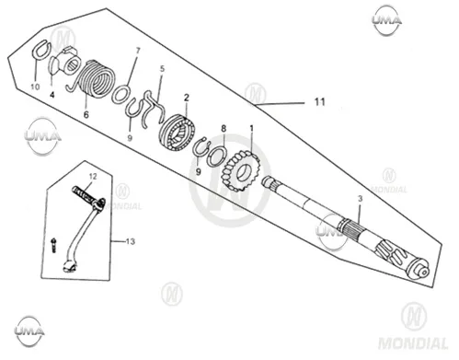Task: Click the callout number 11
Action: [320, 101]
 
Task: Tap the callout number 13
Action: [131, 241]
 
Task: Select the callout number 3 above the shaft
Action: [360, 199]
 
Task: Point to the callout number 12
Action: [93, 177]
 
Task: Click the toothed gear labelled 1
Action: [241, 171]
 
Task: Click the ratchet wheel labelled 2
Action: [178, 133]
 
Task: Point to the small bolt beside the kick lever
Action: [54, 245]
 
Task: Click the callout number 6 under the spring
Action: [86, 115]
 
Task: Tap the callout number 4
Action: [52, 95]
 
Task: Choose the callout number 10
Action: [35, 87]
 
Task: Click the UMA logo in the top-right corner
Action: [386, 20]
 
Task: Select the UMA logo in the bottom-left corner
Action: [29, 331]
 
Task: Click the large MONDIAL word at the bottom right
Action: [413, 343]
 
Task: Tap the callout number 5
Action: [162, 69]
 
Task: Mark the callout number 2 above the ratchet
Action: [187, 98]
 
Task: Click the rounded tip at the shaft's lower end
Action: [425, 273]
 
